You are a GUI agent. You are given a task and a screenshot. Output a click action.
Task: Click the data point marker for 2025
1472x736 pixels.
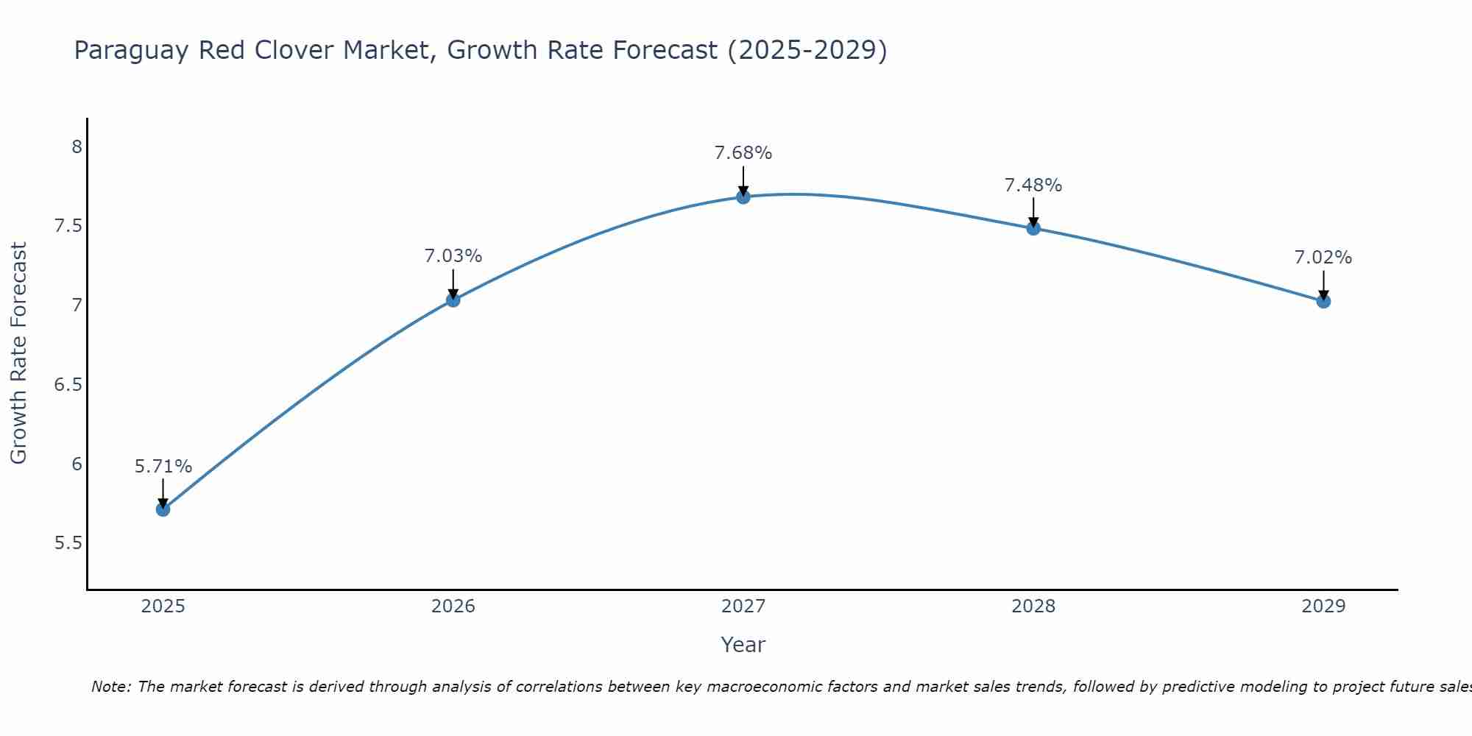coord(163,509)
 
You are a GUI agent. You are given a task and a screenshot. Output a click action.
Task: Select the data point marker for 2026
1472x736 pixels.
coord(453,300)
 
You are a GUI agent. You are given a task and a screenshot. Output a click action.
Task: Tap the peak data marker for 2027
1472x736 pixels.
coord(743,197)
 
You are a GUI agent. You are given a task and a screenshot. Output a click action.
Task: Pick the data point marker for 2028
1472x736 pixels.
coord(1033,228)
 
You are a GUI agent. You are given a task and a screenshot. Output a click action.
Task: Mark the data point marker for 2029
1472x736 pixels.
coord(1323,301)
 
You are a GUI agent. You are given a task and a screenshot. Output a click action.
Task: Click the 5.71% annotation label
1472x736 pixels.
coord(163,467)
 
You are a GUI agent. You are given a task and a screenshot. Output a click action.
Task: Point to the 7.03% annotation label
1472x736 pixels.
coord(453,256)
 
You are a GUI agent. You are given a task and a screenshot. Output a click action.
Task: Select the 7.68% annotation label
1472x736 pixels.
coord(743,153)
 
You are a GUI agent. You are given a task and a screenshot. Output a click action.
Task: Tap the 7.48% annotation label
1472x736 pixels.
coord(1033,185)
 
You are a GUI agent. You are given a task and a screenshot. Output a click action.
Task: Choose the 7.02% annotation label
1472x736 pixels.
coord(1323,258)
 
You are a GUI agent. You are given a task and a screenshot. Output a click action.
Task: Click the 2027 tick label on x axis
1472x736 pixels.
coord(743,606)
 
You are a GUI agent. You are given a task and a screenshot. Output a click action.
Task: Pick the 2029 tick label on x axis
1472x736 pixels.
coord(1323,606)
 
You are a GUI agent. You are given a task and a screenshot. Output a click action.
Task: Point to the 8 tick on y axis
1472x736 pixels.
coord(77,147)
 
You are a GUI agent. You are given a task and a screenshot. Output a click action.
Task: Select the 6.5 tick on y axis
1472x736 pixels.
coord(68,385)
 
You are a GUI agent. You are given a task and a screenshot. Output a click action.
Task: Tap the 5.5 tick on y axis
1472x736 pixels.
coord(68,544)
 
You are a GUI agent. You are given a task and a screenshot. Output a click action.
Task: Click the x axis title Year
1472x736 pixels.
coord(743,645)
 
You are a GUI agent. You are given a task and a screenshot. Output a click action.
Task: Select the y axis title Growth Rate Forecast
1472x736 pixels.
coord(18,353)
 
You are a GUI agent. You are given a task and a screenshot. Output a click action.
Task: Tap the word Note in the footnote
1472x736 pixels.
coord(110,687)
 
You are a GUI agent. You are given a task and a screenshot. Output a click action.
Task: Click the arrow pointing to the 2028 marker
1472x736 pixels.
coord(1033,211)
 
